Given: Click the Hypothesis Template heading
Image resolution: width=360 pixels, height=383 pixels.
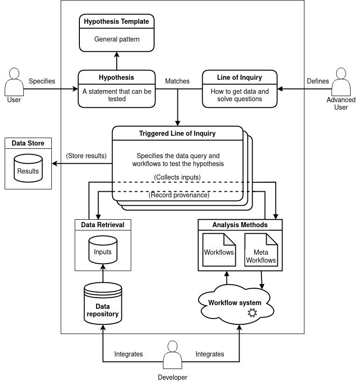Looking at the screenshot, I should pyautogui.click(x=116, y=21).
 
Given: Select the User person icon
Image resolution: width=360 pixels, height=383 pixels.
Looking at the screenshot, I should pyautogui.click(x=14, y=82).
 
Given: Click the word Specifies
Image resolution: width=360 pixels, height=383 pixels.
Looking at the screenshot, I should pyautogui.click(x=42, y=81).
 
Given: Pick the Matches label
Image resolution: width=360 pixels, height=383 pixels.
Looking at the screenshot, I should pyautogui.click(x=177, y=81).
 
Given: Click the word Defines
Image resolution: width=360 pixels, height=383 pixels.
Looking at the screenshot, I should pyautogui.click(x=318, y=81).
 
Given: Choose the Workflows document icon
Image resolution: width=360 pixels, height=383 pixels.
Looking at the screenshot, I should pyautogui.click(x=219, y=250).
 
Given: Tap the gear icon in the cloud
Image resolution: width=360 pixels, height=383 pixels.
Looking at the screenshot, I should pyautogui.click(x=252, y=313).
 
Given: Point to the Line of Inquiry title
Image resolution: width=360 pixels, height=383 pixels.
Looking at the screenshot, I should pyautogui.click(x=240, y=77).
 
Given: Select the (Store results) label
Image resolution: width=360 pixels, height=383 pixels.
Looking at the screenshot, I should pyautogui.click(x=86, y=155).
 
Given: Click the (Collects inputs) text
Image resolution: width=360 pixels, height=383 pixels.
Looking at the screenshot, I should pyautogui.click(x=177, y=177).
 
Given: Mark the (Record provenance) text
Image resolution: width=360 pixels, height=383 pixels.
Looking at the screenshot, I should pyautogui.click(x=179, y=195).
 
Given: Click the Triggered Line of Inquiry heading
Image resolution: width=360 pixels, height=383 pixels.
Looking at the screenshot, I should pyautogui.click(x=177, y=133).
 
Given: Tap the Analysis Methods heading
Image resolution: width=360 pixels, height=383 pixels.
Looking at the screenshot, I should pyautogui.click(x=240, y=225).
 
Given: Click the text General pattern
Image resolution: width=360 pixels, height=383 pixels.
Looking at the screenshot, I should pyautogui.click(x=117, y=39).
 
